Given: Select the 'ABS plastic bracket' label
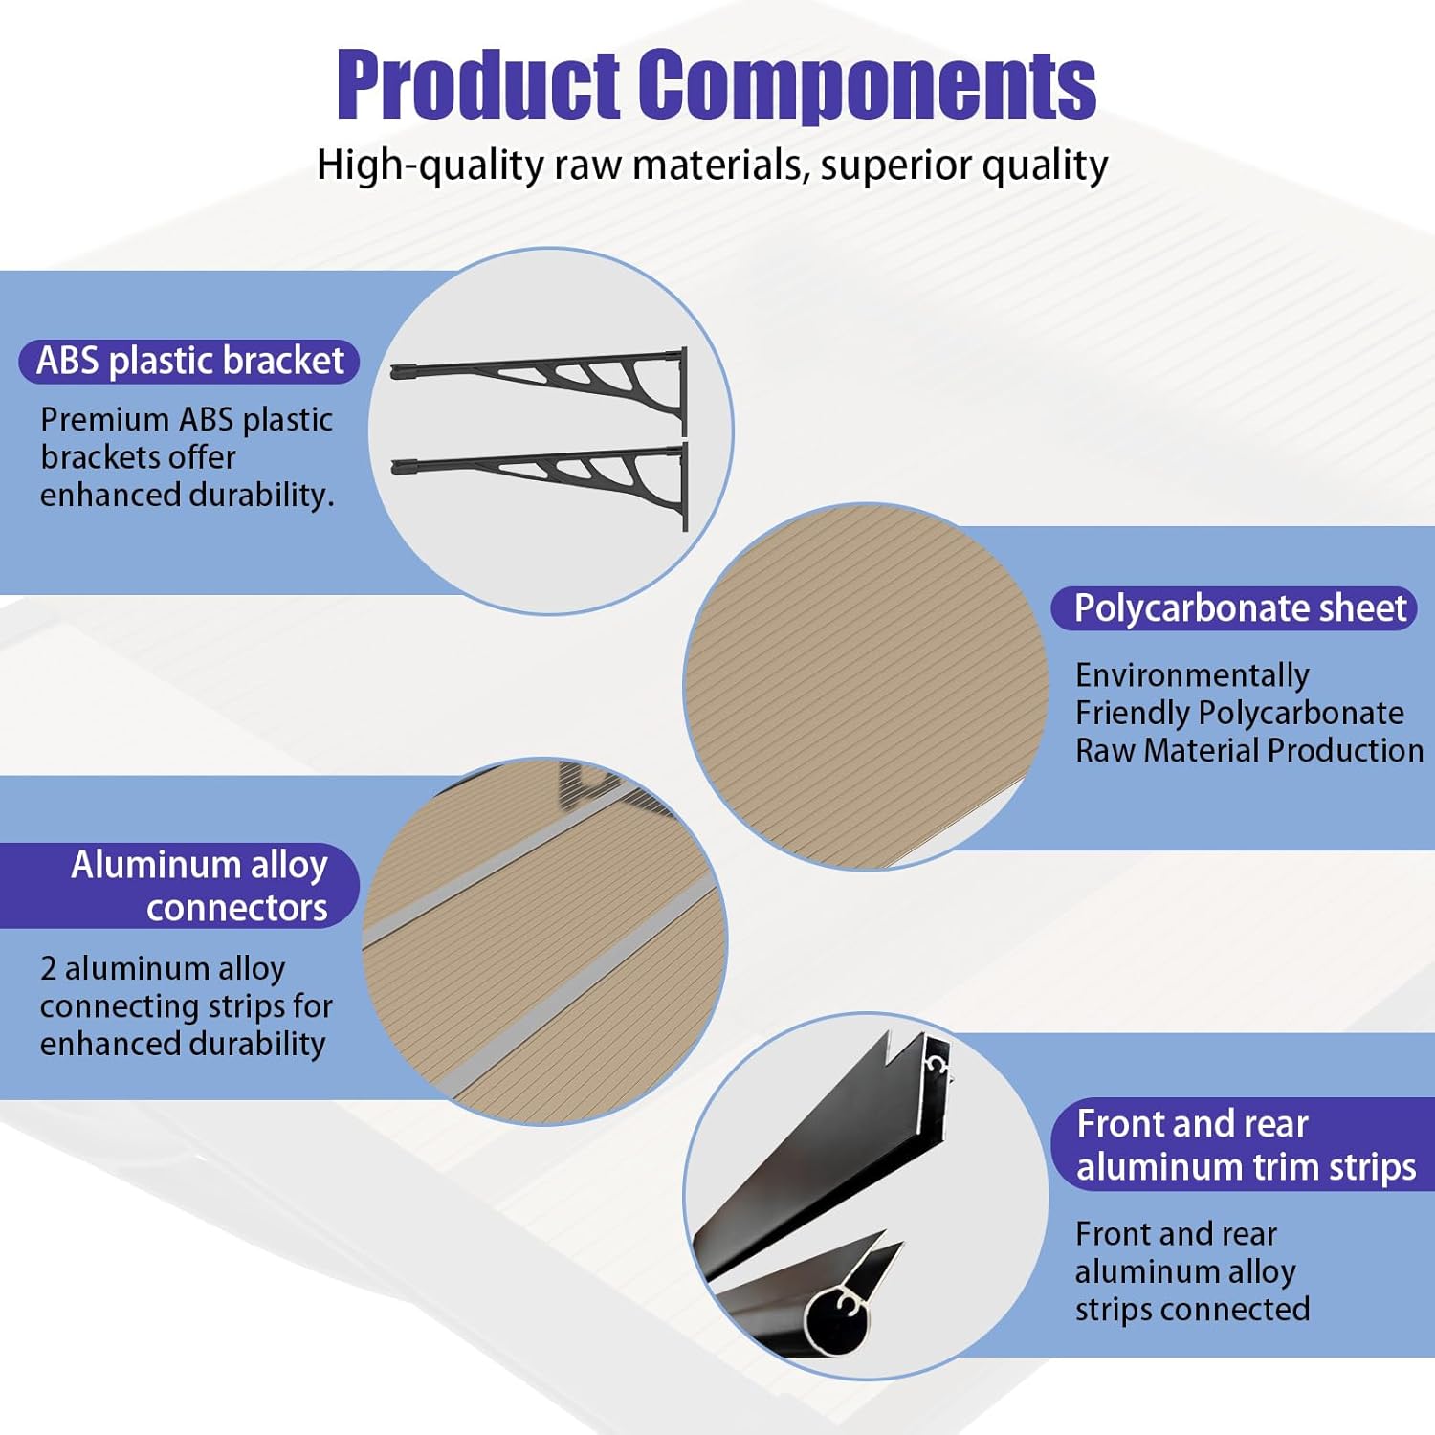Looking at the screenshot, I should (189, 362).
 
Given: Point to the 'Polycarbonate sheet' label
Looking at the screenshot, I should (1239, 608).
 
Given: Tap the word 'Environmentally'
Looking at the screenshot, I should (1192, 675).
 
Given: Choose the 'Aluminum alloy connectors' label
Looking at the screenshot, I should (199, 886).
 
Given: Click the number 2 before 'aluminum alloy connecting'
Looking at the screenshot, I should (48, 969).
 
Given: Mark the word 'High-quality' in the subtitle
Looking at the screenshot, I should (430, 166).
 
